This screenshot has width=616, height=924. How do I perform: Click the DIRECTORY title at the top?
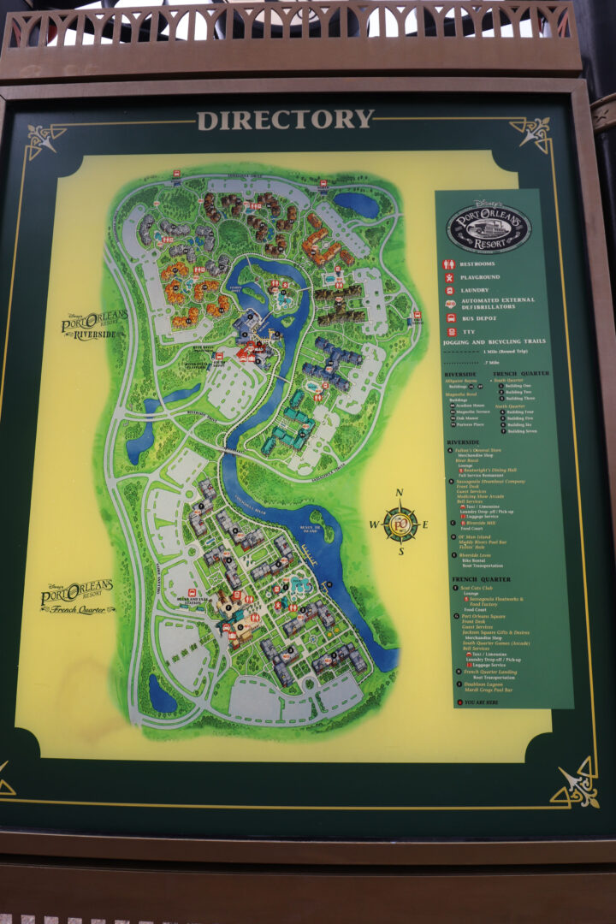click(x=285, y=120)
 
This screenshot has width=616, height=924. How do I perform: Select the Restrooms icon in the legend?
click(x=447, y=265)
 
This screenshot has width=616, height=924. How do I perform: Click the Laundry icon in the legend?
click(x=447, y=290)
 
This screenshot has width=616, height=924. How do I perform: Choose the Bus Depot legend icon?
click(x=447, y=317)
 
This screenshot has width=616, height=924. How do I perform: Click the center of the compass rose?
click(x=400, y=524)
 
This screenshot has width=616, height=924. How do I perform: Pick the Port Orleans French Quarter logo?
click(x=78, y=598)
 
